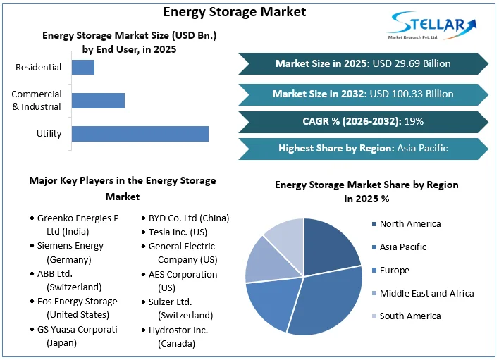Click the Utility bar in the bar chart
coord(140,133)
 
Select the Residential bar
coord(83,68)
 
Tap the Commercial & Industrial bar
coord(98,100)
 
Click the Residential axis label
coord(38,68)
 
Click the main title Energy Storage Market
coord(235,11)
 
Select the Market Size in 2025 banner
coord(363,63)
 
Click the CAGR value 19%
coord(414,121)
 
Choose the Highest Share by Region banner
coord(363,148)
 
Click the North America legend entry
coord(409,224)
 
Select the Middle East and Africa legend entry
coord(426,293)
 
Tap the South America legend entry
coord(409,316)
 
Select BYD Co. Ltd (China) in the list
coord(188,218)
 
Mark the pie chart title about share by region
coord(366,192)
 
